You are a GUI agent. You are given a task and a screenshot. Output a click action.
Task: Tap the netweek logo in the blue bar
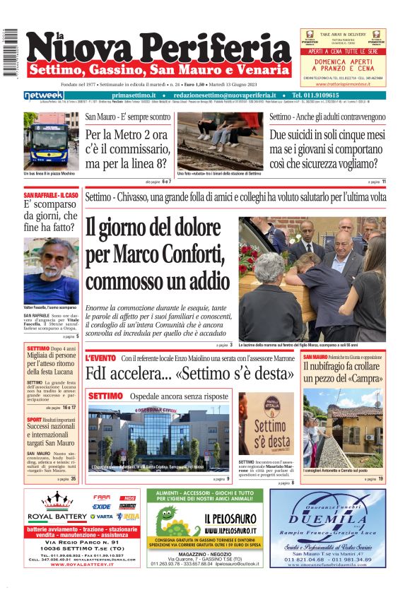coord(44,95)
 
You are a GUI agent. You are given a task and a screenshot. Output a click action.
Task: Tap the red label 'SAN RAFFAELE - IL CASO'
coord(51,195)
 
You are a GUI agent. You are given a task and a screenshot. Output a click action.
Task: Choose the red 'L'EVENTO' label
coord(100,358)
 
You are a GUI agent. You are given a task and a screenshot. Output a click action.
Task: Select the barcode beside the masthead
coord(9,54)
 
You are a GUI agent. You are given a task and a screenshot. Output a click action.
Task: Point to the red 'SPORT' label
coord(34,419)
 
